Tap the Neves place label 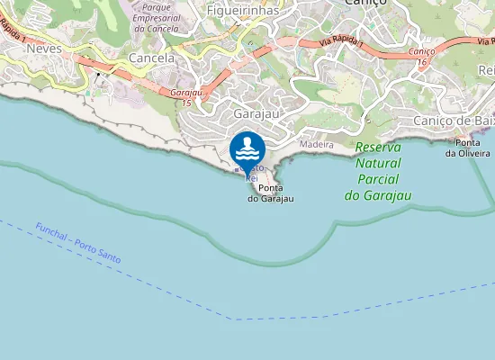44,49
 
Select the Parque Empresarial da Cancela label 157,17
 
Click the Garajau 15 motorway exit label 185,97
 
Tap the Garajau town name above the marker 254,114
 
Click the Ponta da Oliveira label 467,148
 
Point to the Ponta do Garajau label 271,193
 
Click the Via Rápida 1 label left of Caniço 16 343,43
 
